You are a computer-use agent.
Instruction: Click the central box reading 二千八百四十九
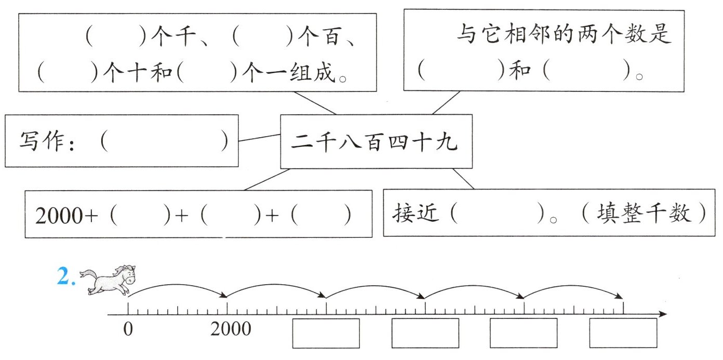coord(377,141)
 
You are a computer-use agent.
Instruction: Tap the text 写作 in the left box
coord(42,141)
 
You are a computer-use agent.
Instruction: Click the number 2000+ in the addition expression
coord(66,216)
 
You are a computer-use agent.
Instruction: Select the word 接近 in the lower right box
coord(416,213)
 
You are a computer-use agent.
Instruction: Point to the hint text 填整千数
coord(644,213)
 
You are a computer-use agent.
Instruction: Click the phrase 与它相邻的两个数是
coord(564,34)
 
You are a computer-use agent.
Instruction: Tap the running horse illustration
coord(108,279)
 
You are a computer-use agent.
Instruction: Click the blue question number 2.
coord(66,276)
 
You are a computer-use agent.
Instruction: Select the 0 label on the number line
coord(128,329)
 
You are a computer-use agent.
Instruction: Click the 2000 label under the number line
coord(231,329)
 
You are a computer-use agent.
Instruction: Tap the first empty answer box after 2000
coord(326,334)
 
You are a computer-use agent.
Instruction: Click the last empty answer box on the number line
coord(623,333)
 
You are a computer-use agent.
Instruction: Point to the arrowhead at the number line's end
coord(663,314)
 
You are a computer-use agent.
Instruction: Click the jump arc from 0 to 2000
coord(177,285)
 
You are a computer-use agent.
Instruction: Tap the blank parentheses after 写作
coord(164,141)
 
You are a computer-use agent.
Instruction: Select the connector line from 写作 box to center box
coord(259,138)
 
